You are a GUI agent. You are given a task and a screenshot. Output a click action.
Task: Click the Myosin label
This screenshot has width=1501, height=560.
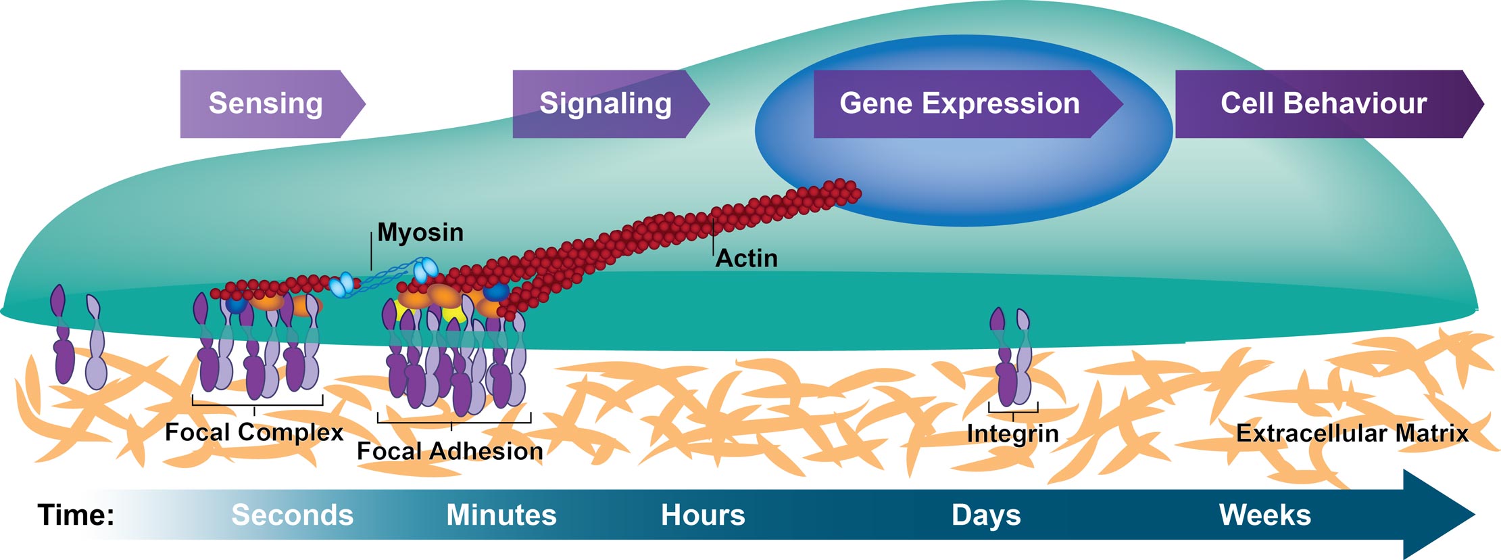(420, 232)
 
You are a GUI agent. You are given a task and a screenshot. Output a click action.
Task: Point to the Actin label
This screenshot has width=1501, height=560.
(747, 258)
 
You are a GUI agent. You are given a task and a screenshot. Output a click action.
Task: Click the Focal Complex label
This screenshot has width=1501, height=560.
(254, 432)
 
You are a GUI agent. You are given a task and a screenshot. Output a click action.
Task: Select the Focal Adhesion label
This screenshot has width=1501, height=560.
(450, 451)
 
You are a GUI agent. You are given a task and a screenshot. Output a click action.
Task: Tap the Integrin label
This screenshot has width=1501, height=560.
(1012, 434)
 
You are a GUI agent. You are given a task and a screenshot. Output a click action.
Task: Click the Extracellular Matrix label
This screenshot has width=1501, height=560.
(1352, 433)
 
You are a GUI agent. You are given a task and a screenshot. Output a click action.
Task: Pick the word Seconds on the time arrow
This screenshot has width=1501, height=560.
(292, 515)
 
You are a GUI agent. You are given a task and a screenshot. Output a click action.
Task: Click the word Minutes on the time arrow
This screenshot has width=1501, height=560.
(501, 515)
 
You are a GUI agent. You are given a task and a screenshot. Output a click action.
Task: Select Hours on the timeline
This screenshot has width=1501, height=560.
(703, 515)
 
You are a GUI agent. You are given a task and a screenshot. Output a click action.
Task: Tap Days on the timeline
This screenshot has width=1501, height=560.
(986, 515)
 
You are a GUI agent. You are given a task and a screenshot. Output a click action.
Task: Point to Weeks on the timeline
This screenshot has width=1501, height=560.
(1264, 515)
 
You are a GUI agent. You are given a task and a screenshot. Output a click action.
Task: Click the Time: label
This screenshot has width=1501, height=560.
(76, 515)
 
